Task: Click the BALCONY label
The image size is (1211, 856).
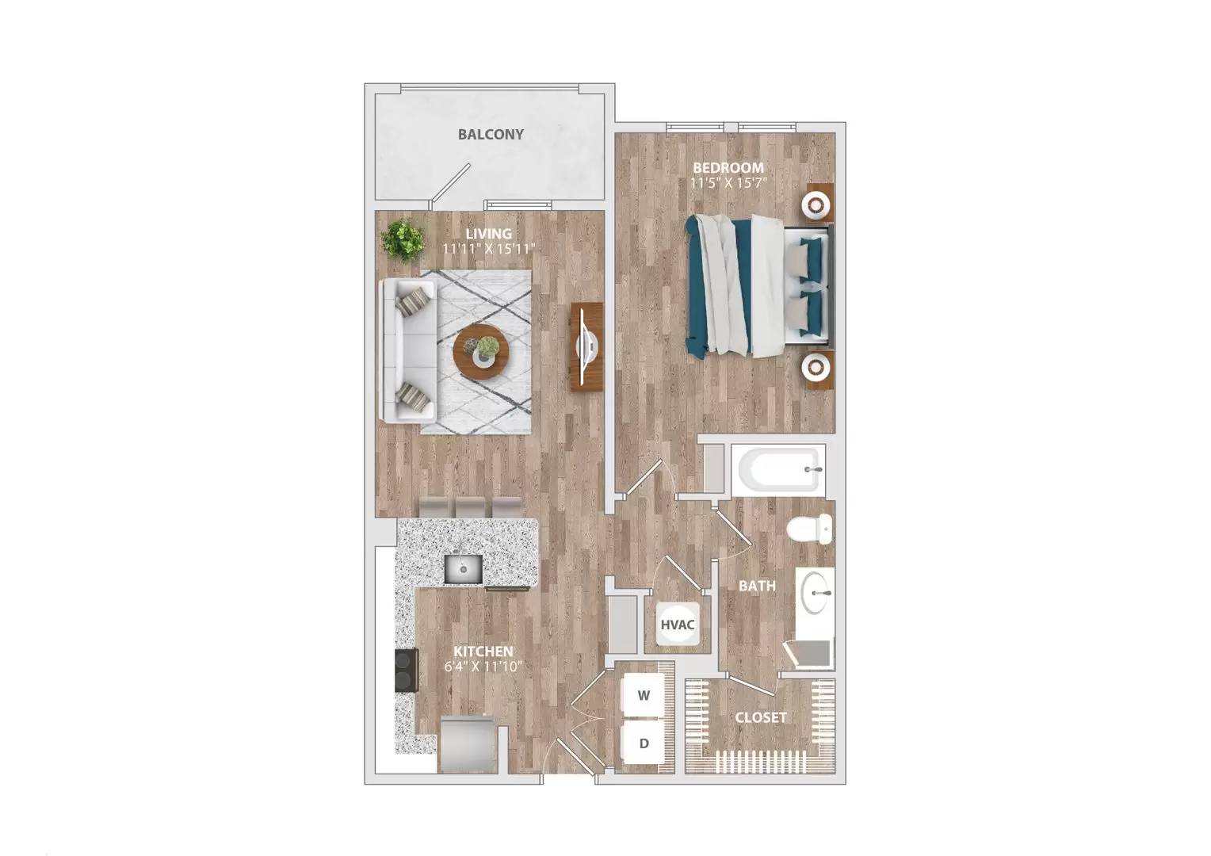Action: click(x=491, y=134)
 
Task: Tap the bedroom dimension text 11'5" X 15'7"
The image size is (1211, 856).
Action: click(x=728, y=183)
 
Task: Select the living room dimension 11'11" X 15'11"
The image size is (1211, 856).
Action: click(x=489, y=249)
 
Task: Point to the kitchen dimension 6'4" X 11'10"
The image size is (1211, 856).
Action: click(x=483, y=667)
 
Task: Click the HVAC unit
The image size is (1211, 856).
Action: click(x=677, y=625)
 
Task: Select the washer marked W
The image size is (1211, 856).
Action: click(x=644, y=696)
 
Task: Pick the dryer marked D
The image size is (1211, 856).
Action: click(x=644, y=743)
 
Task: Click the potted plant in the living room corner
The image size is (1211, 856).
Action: click(x=403, y=239)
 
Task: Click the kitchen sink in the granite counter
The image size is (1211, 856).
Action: click(x=462, y=567)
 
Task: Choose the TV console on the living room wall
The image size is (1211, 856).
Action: click(x=586, y=346)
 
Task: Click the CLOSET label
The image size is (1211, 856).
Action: click(x=761, y=717)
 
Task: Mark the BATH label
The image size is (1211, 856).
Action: click(x=757, y=586)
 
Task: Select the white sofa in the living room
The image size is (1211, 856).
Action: click(x=406, y=350)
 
